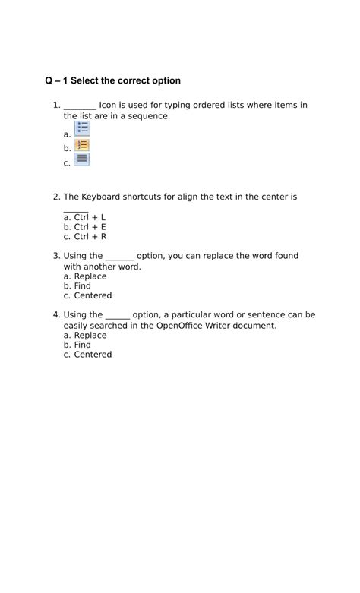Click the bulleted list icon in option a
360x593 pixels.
pos(82,128)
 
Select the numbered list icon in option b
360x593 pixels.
pos(82,145)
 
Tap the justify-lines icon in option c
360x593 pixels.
pos(82,159)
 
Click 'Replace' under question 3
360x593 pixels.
pos(90,277)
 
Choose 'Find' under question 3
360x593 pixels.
pos(82,286)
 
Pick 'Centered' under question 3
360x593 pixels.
pos(93,296)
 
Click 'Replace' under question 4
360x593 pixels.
pos(90,336)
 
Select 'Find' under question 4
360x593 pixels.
pos(82,345)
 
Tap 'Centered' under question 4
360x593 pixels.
pos(93,355)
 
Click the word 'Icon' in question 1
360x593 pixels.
pos(108,106)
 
